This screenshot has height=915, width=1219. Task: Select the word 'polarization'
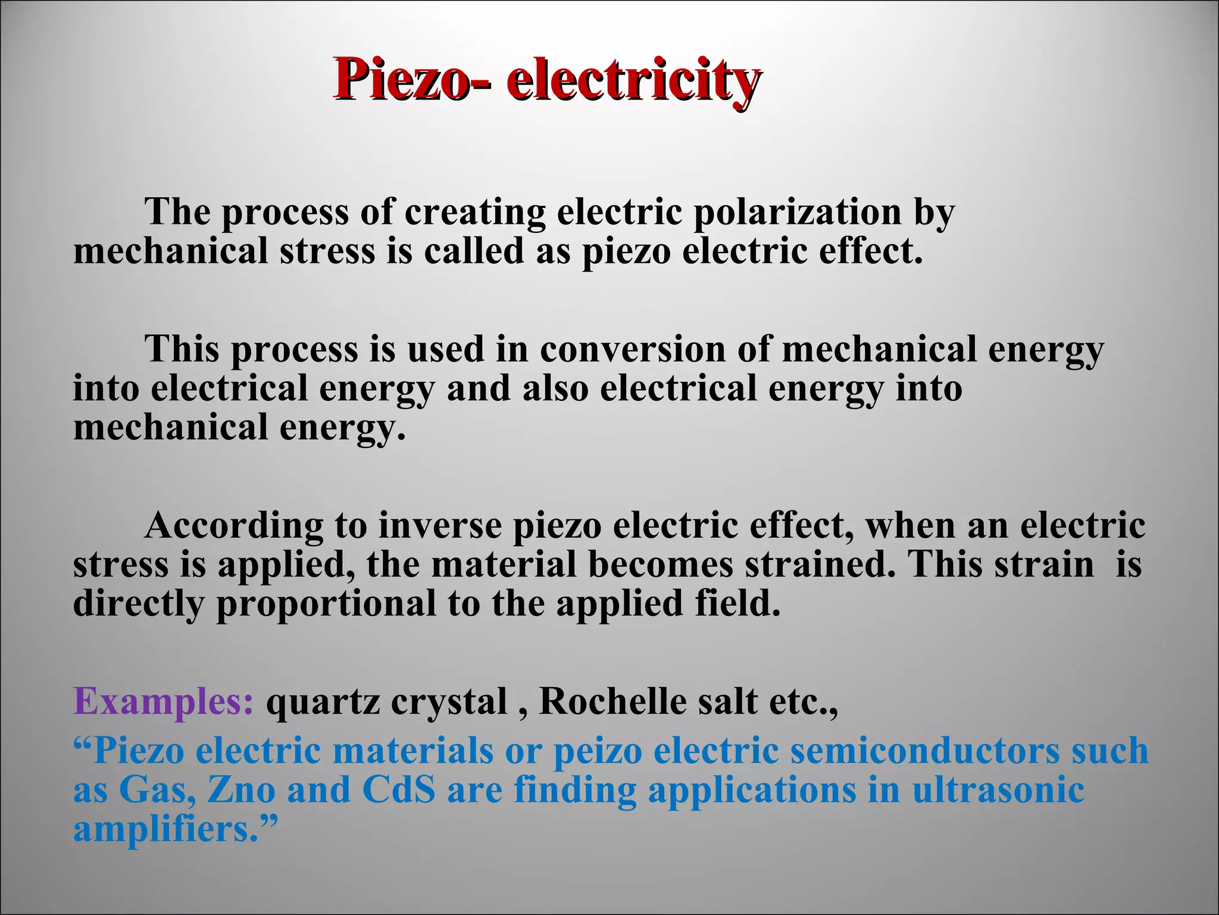[797, 212]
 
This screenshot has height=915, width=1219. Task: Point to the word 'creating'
[474, 212]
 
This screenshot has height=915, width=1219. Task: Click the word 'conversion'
[633, 349]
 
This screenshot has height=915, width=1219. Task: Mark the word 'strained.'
[819, 564]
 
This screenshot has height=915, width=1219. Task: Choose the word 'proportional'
[326, 604]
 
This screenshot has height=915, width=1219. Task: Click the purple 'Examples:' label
[164, 702]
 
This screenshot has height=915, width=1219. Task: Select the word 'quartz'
[322, 703]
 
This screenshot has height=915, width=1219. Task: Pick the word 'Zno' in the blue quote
[241, 790]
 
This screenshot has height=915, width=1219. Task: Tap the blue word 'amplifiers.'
[167, 829]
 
